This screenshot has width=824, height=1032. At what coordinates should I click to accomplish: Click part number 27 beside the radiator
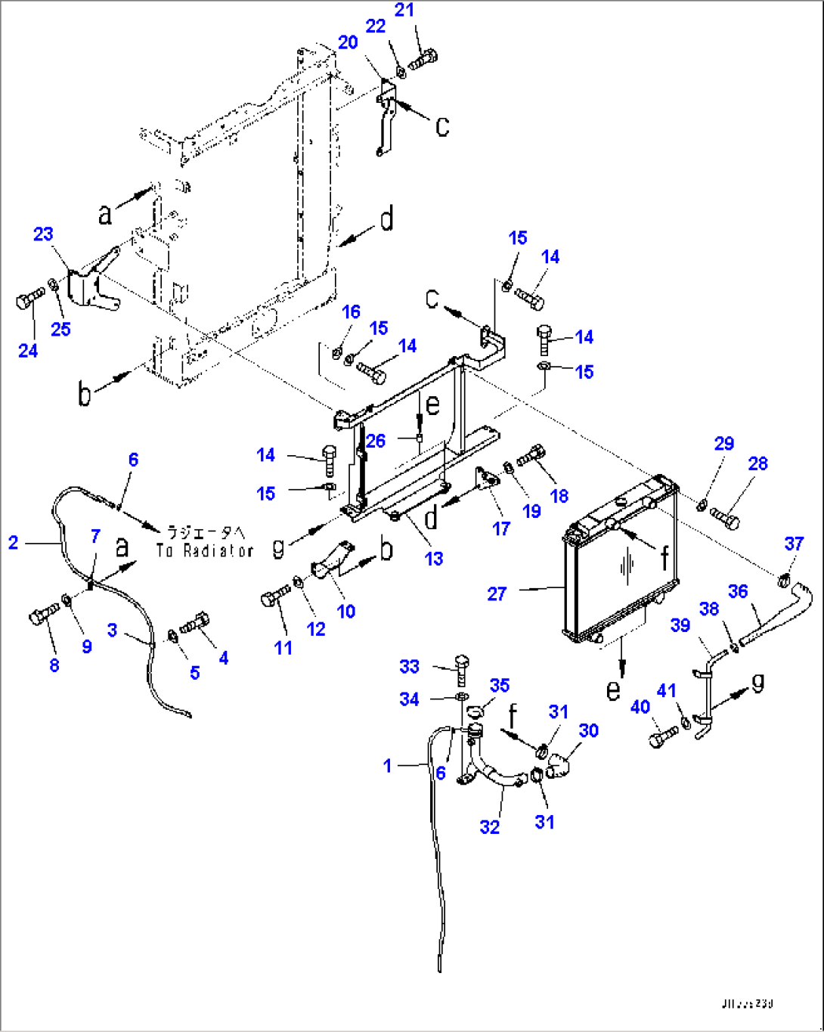497,594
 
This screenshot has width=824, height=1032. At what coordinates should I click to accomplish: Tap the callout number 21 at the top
404,10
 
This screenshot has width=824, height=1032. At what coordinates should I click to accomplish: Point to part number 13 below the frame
433,559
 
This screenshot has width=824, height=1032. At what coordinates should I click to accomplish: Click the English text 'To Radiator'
205,551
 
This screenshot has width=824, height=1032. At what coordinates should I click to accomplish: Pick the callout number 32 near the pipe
490,827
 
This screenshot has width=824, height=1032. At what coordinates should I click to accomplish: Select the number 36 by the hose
738,591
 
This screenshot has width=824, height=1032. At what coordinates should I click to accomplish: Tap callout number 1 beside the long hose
388,766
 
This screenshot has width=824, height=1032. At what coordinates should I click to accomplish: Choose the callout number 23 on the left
43,234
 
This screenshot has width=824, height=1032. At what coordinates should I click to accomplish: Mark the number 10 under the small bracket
345,611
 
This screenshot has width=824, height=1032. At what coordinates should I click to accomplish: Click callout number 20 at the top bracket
348,42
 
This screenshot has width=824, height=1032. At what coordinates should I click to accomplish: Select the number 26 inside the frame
376,441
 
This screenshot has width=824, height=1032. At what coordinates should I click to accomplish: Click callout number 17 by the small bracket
501,528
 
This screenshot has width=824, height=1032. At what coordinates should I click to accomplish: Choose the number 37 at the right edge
794,544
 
